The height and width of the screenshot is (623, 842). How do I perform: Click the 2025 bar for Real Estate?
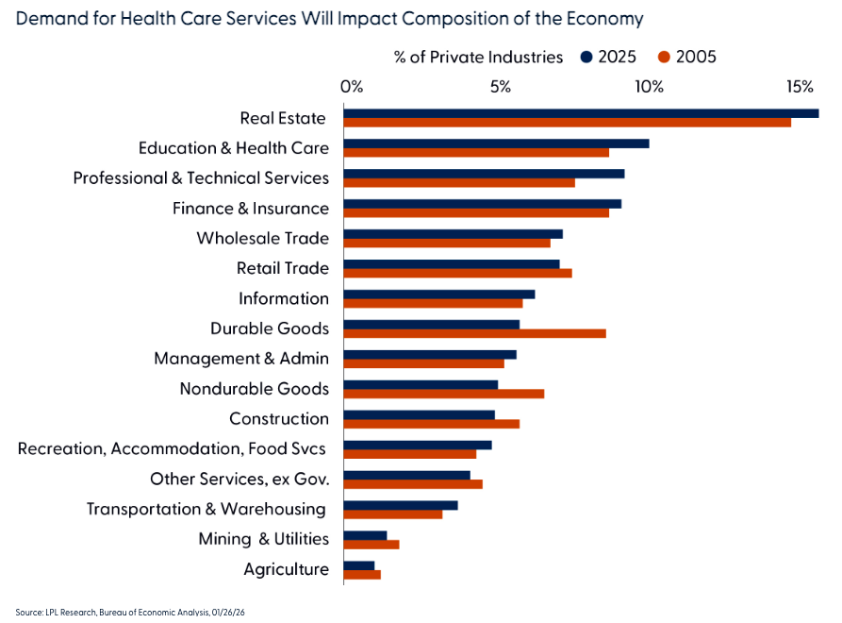pos(581,113)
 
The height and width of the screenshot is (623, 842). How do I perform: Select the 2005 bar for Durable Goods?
pos(474,333)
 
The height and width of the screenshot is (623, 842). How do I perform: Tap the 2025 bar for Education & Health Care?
pos(496,143)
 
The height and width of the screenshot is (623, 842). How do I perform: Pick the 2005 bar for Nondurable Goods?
pos(443,394)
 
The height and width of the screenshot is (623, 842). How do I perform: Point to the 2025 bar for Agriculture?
pos(359,565)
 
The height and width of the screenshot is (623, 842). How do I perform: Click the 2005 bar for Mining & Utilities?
pos(371,545)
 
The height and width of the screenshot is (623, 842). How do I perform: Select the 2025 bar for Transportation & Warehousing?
pos(401,505)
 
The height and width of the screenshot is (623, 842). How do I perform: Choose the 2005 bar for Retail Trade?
pos(457,273)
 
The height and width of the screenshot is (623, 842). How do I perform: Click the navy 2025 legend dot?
pos(586,58)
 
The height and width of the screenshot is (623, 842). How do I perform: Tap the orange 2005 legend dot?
pos(664,58)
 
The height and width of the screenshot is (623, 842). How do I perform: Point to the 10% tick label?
pos(649,88)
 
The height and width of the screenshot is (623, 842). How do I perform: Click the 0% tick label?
pos(351,88)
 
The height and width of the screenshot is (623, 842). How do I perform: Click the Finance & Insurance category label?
pos(250,209)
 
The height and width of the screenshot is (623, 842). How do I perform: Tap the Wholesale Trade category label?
pos(262,239)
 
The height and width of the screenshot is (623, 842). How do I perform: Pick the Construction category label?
pos(279,419)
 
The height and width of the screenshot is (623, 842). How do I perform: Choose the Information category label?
pos(284,299)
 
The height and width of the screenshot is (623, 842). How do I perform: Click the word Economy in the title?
pos(603,18)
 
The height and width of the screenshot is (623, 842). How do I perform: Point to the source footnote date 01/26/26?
pos(231,613)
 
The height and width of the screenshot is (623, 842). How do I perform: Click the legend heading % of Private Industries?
pos(478,58)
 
